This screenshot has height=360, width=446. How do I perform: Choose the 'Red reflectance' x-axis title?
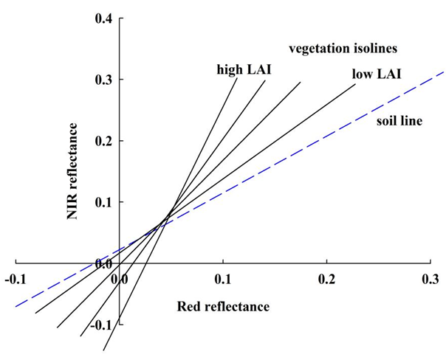point(223,305)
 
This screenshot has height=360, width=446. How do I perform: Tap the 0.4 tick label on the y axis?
point(103,18)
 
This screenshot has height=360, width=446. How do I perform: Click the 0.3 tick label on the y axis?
point(103,79)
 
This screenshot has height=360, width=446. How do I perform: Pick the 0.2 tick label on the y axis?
point(103,140)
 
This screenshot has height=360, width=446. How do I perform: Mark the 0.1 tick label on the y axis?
point(103,201)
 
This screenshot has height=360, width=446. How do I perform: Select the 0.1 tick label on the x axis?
point(223,280)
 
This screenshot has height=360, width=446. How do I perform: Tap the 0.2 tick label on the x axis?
point(327,280)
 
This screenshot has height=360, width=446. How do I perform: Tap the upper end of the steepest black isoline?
point(237,77)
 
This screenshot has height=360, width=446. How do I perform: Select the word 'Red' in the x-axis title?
point(189,305)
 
